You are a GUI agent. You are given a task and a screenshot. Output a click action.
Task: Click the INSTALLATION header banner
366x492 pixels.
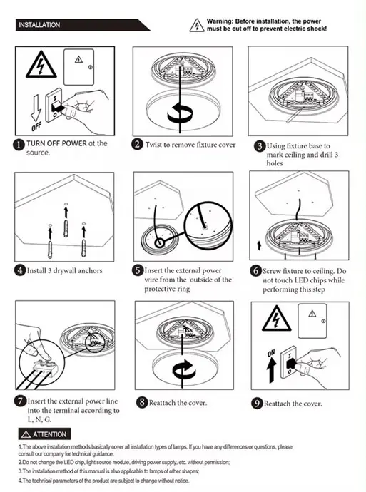pos(82,25)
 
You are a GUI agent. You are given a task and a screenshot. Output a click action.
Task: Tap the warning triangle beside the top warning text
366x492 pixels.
pos(197,26)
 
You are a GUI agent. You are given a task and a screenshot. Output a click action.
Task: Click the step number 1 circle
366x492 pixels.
pos(19,145)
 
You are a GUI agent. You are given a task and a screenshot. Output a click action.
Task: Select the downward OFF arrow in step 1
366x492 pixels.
pos(36,108)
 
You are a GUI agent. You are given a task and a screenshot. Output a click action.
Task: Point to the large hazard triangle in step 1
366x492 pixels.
pos(41,65)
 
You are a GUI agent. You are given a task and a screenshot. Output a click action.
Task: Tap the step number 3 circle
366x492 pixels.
pos(260,146)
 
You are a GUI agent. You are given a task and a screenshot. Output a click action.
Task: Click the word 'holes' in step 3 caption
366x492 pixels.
pos(275,163)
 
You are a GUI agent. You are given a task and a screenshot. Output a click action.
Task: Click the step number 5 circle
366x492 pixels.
pos(138,270)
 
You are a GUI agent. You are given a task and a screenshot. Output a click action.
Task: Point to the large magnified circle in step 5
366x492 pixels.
pos(208,225)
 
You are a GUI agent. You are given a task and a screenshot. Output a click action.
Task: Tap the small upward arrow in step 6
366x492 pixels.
pos(259,246)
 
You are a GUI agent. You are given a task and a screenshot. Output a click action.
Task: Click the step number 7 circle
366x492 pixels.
pos(20,401)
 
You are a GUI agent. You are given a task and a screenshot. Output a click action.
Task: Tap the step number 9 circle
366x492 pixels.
pos(257,403)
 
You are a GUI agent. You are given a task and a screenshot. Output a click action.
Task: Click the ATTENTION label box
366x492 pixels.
pos(44,434)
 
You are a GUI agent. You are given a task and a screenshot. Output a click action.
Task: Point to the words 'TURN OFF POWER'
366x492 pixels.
pos(56,143)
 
